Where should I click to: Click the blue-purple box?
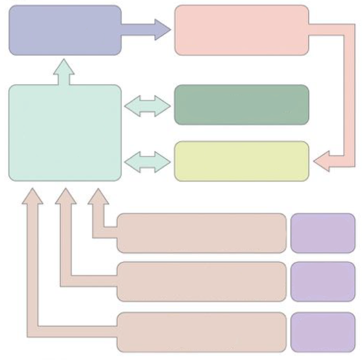[x=65, y=30]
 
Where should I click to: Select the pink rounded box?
[x=241, y=30]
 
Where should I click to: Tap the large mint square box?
[x=65, y=133]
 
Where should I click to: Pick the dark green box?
[x=241, y=105]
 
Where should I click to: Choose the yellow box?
[x=241, y=161]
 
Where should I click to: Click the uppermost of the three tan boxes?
[x=201, y=233]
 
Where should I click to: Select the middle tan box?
[x=201, y=281]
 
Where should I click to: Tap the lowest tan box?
[x=201, y=332]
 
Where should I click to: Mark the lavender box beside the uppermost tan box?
[x=323, y=233]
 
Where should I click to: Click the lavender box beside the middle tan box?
[x=323, y=281]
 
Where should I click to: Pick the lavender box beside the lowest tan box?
[x=323, y=332]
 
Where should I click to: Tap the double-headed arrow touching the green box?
[x=147, y=106]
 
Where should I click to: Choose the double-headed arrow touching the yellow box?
[x=147, y=161]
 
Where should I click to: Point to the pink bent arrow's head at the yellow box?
[x=323, y=161]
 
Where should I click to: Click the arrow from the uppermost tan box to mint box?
[x=99, y=218]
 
